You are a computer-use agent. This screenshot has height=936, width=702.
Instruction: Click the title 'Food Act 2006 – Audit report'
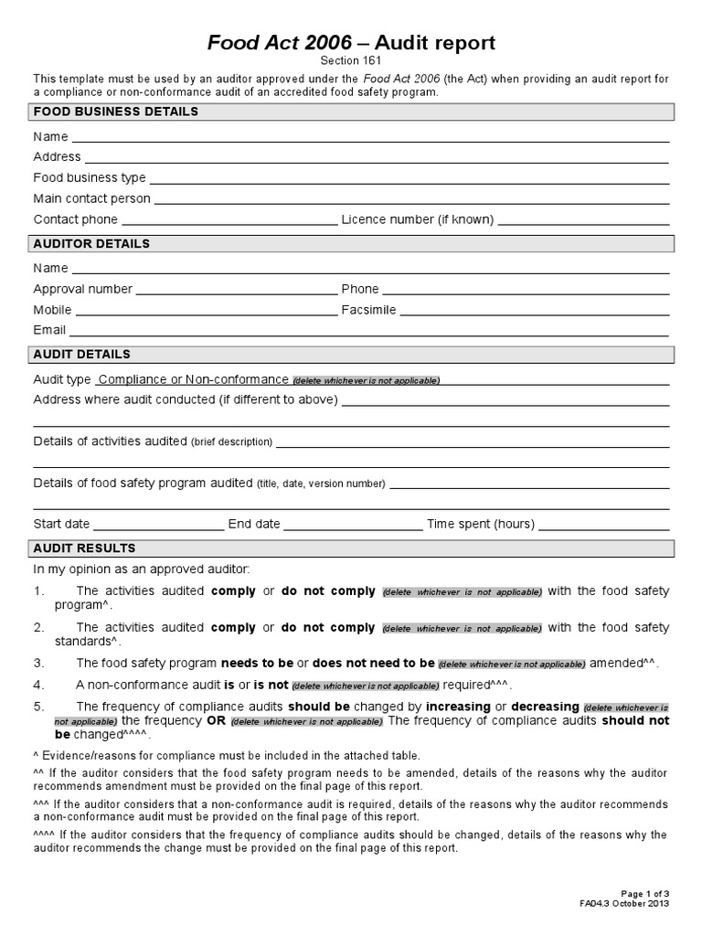tap(351, 43)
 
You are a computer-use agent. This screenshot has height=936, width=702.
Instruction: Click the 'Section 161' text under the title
tap(351, 60)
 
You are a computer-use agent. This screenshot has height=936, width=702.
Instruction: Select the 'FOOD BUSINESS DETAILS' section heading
tap(116, 112)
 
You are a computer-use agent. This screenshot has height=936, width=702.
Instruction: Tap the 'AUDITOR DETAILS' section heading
tap(91, 244)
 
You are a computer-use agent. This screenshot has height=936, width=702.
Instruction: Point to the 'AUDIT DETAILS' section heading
tap(81, 354)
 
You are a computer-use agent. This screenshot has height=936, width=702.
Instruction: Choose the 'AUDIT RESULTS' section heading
tap(84, 548)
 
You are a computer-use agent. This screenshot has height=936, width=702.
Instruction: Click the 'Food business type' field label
tap(90, 177)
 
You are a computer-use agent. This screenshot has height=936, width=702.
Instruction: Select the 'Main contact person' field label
tap(92, 198)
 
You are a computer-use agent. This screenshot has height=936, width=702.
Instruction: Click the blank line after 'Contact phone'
tap(229, 221)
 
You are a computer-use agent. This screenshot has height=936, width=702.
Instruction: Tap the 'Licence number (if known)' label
tap(418, 219)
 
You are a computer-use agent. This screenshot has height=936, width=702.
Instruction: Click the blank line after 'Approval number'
tap(237, 291)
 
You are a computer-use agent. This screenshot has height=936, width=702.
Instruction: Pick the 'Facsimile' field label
tap(369, 310)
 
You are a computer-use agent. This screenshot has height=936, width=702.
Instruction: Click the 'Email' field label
tap(49, 330)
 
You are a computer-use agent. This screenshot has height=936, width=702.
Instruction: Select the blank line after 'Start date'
tap(158, 526)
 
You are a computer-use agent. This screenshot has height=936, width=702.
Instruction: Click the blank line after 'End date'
tap(353, 526)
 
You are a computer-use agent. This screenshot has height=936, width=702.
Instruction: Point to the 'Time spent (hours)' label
tap(481, 524)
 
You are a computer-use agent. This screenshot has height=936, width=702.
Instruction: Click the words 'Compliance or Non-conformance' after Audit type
tap(194, 379)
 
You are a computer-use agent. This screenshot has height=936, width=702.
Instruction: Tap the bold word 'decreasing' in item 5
tap(545, 707)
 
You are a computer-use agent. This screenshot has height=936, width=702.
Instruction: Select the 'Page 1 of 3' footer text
tap(645, 893)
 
